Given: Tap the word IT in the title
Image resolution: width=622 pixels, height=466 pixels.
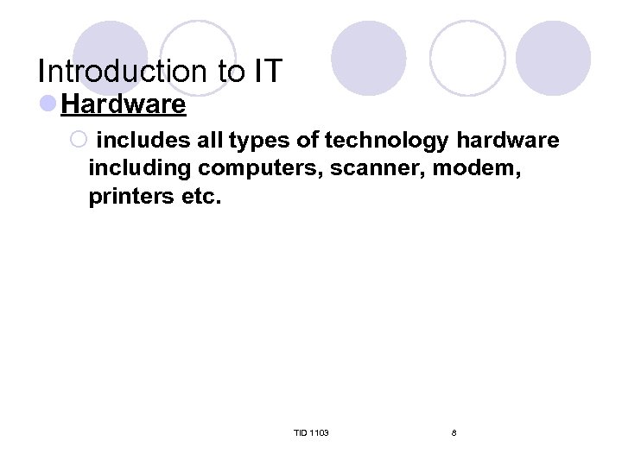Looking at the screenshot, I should tap(265, 72).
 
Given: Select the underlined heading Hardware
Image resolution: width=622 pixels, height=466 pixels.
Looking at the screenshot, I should tap(124, 105).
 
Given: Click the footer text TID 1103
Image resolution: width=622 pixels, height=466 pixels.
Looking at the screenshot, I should tap(311, 432).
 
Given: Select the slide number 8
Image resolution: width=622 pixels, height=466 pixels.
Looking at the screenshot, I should tap(454, 432).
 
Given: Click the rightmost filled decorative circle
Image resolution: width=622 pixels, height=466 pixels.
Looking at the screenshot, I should tap(553, 59).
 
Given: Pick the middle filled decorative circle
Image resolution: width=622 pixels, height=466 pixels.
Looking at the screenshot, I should tap(368, 59).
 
